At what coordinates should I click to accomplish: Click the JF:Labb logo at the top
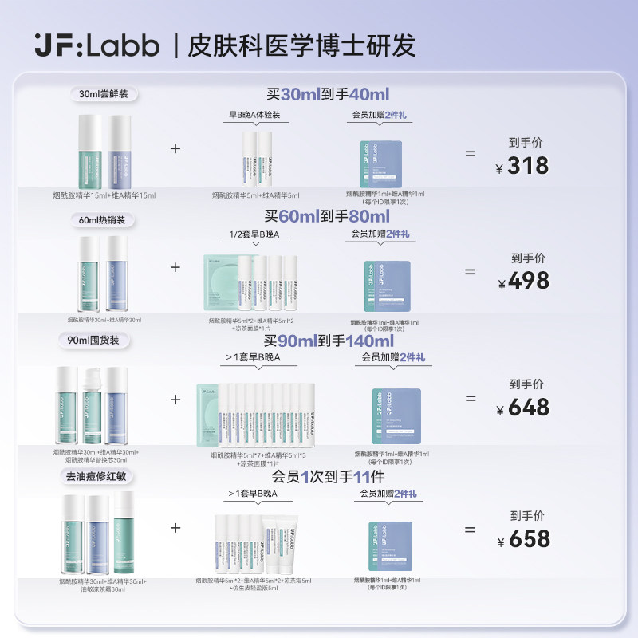[96, 45]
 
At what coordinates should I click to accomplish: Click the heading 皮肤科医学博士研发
[301, 45]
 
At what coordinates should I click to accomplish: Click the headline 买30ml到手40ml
[327, 94]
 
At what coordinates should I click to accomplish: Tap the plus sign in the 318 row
[175, 148]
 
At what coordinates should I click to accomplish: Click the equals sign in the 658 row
[471, 529]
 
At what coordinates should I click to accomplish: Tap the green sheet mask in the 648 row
[214, 415]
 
